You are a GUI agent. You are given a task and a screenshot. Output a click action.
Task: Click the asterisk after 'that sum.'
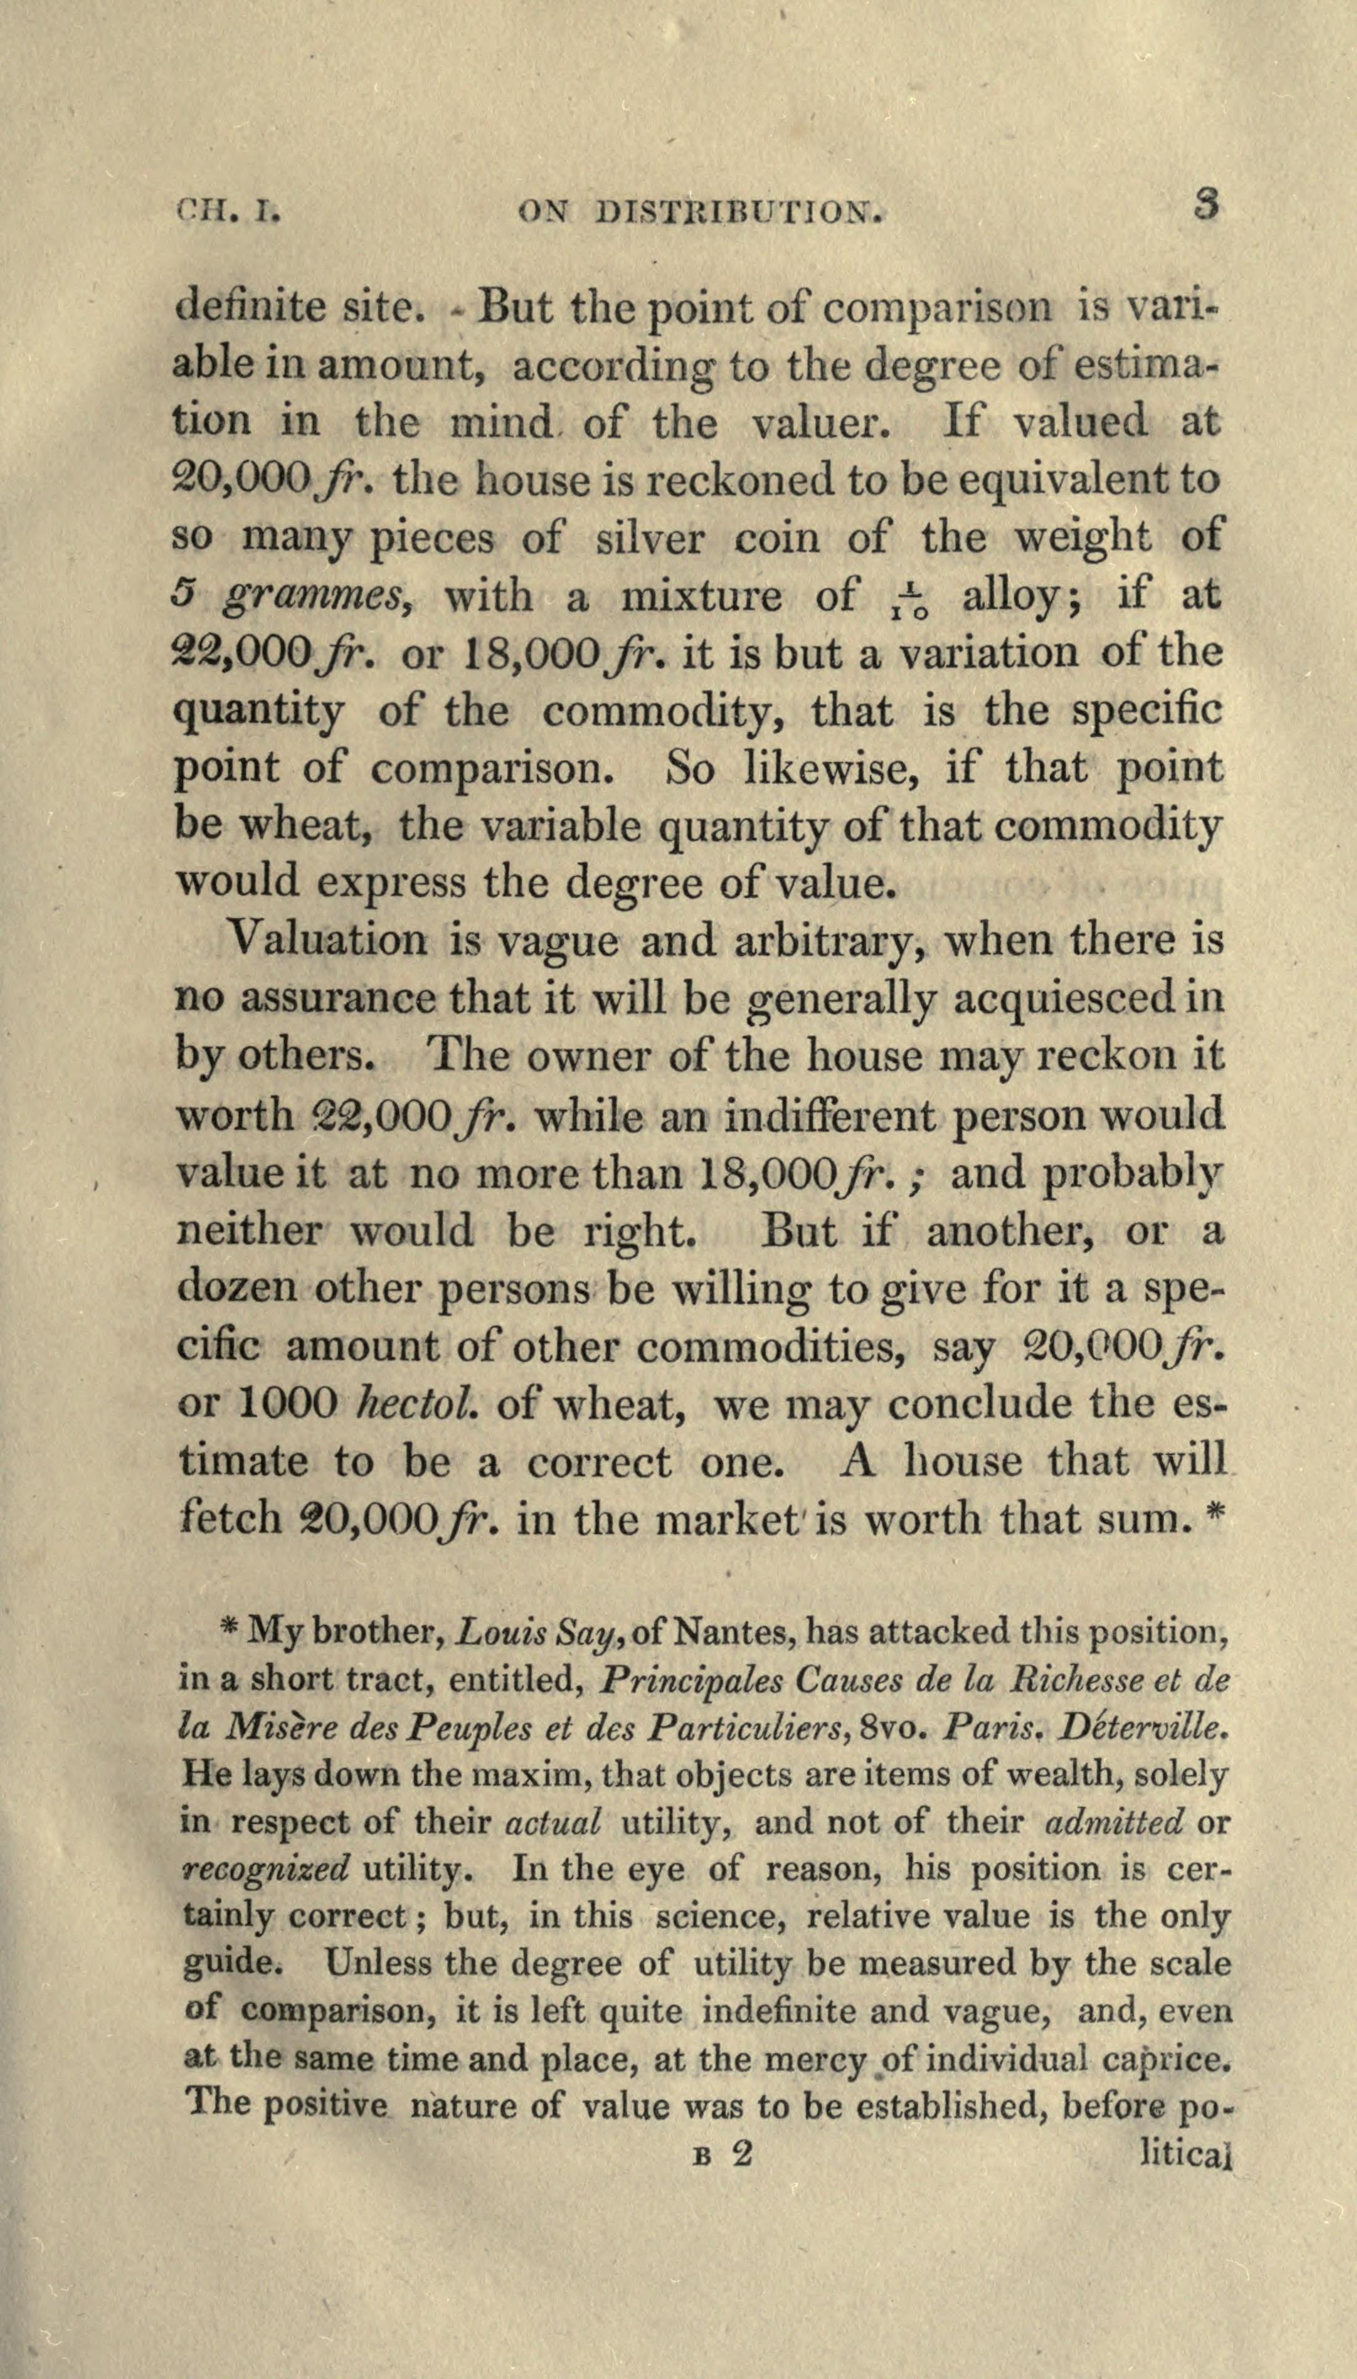(1213, 1516)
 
